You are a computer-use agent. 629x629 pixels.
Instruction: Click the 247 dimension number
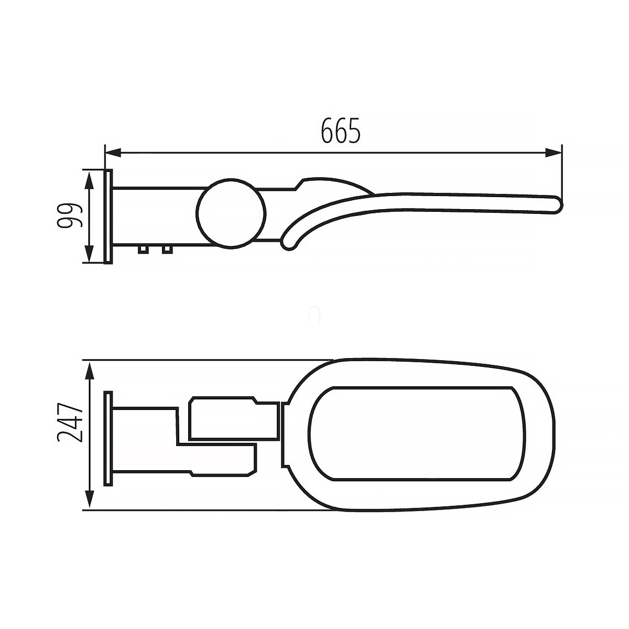click(x=70, y=422)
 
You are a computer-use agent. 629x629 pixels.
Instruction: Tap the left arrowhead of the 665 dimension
click(x=113, y=153)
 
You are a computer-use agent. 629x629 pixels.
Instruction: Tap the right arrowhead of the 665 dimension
click(x=554, y=153)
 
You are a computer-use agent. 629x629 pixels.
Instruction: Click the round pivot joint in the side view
click(x=231, y=213)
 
